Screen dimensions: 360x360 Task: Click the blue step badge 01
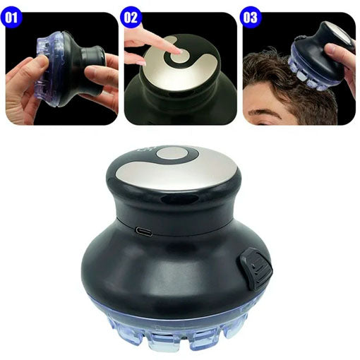pos(11,17)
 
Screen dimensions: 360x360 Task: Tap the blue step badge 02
pos(131,17)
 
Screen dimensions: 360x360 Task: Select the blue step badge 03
pos(251,17)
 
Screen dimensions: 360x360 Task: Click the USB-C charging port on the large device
pos(144,232)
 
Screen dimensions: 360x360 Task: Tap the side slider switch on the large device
pos(256,268)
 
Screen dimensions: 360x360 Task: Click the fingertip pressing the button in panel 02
pos(178,51)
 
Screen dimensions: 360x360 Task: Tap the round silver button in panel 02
pos(179,56)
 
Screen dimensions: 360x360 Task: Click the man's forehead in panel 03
pos(261,97)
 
